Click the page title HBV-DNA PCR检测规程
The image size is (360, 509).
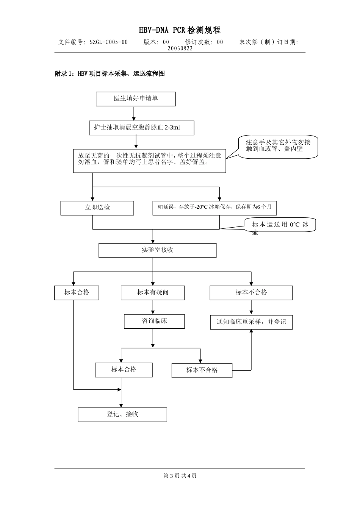click(180, 30)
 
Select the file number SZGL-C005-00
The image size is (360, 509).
click(108, 42)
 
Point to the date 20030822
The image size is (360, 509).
click(180, 48)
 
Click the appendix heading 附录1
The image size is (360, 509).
click(110, 74)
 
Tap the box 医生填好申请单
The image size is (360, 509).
click(136, 98)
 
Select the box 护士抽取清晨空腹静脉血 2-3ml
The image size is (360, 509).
click(141, 128)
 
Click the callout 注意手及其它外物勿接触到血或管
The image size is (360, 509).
click(278, 146)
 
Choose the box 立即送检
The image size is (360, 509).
click(97, 208)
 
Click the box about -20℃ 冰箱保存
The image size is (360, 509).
click(214, 208)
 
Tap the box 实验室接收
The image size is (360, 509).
click(157, 250)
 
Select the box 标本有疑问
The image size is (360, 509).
click(153, 292)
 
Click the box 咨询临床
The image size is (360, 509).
click(154, 321)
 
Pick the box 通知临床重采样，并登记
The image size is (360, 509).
click(251, 322)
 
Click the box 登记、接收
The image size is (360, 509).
click(122, 414)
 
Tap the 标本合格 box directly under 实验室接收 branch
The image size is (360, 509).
click(77, 292)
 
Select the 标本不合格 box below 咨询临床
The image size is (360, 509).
click(202, 370)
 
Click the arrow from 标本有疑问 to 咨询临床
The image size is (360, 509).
click(153, 307)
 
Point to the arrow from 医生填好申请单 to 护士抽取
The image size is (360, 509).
click(134, 113)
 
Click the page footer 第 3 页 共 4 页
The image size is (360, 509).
click(180, 476)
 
